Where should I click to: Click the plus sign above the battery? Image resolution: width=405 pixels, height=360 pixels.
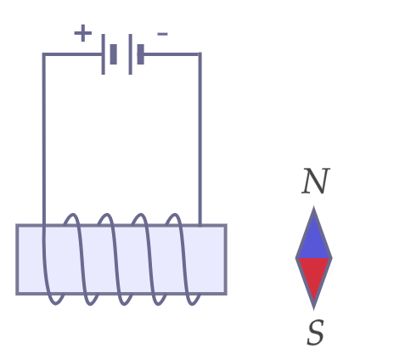83,33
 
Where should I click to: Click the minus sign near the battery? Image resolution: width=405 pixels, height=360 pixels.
162,34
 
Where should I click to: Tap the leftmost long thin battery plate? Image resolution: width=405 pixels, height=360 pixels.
104,54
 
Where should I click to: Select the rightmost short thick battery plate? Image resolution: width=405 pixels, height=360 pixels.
141,54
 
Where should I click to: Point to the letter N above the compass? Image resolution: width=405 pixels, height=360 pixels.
316,181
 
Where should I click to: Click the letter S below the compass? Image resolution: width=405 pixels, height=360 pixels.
315,332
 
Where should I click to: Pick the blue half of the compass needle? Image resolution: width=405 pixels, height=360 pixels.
314,237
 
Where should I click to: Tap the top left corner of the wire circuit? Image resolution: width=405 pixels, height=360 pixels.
44,54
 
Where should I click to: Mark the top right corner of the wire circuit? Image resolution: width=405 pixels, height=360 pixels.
200,54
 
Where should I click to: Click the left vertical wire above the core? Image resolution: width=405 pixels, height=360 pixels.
44,138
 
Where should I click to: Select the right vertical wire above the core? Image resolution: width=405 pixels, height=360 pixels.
200,138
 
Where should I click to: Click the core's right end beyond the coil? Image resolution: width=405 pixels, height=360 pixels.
214,260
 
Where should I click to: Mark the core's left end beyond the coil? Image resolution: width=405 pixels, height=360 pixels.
30,260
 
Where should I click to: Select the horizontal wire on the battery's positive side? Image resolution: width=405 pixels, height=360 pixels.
73,54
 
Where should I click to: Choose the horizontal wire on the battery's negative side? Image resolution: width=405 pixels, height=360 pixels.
172,54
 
